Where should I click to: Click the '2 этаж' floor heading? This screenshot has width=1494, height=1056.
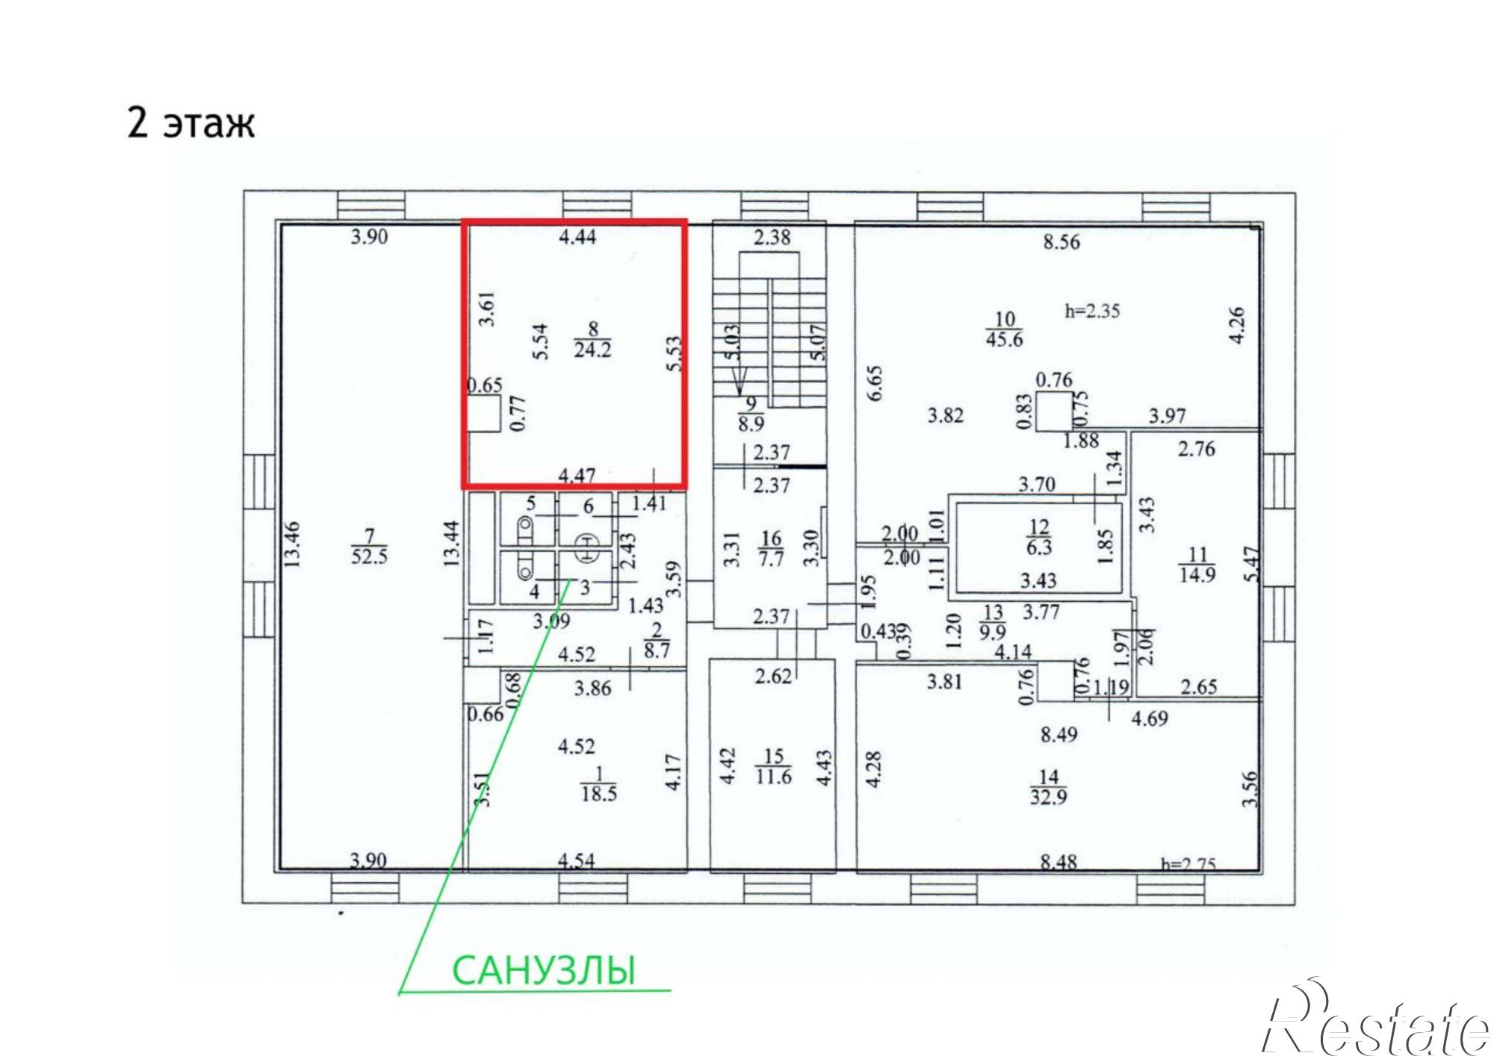191,122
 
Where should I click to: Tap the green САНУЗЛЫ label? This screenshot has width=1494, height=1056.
544,970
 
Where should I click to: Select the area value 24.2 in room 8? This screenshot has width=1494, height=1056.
592,349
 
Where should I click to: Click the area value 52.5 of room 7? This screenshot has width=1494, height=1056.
369,556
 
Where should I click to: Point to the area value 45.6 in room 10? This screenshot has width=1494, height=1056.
1004,339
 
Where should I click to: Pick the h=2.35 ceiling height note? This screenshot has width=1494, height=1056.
1092,311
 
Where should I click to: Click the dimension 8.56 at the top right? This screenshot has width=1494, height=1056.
1061,242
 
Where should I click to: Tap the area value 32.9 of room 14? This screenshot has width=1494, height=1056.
1048,796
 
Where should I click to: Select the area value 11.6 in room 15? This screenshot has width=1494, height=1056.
773,777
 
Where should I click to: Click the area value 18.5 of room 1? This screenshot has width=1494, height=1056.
599,793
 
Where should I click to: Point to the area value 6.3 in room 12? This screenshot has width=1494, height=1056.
1039,547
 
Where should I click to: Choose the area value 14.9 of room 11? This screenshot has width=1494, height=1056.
1197,574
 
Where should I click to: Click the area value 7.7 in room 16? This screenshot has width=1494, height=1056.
771,557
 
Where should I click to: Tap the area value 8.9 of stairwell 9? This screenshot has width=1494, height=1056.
751,424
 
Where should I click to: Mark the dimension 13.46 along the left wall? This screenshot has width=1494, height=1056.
292,544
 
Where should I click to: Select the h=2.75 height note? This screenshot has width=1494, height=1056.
1188,864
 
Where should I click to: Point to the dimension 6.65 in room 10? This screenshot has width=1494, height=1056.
875,382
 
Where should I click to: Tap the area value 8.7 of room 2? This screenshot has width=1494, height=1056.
656,650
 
